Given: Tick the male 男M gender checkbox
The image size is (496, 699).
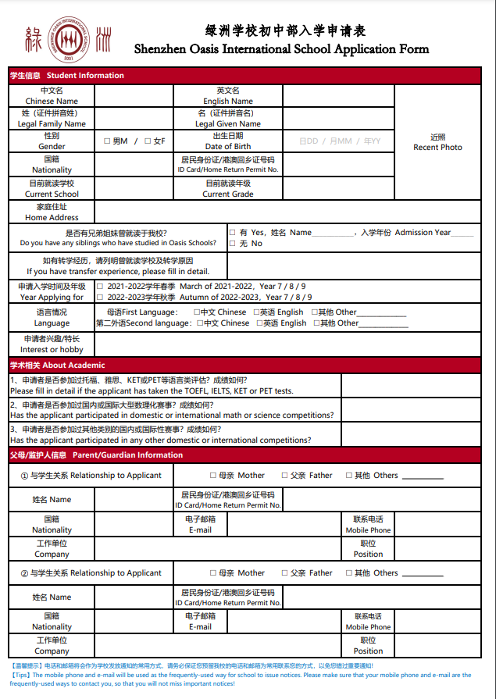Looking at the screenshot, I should [x=107, y=141].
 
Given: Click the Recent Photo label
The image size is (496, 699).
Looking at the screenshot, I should [x=437, y=147].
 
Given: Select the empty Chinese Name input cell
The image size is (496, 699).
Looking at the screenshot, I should [x=134, y=96].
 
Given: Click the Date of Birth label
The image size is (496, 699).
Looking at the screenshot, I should [x=228, y=146].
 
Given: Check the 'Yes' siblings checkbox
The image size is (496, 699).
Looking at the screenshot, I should [x=233, y=232].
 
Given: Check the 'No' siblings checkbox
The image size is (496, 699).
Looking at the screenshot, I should [x=233, y=244].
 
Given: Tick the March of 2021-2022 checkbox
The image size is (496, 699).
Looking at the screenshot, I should [x=100, y=287].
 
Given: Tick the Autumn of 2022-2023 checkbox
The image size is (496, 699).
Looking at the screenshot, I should [x=100, y=298].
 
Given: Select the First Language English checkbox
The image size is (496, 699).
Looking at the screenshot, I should [x=257, y=312].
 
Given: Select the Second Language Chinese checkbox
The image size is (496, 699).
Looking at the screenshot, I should [x=198, y=323].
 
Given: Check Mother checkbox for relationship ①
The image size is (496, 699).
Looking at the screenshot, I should [x=213, y=475].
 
